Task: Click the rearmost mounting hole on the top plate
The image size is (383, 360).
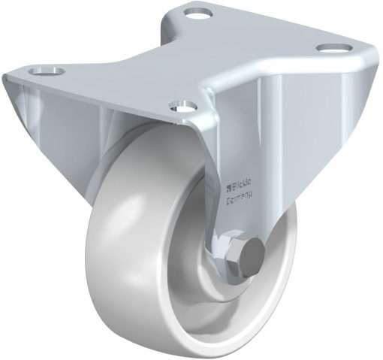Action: [198, 13]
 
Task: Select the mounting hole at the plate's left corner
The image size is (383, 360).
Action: [47, 71]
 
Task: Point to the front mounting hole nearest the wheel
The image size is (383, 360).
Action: [182, 106]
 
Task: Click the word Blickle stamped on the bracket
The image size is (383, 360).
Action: [240, 186]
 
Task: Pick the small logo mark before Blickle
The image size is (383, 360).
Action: [228, 186]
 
